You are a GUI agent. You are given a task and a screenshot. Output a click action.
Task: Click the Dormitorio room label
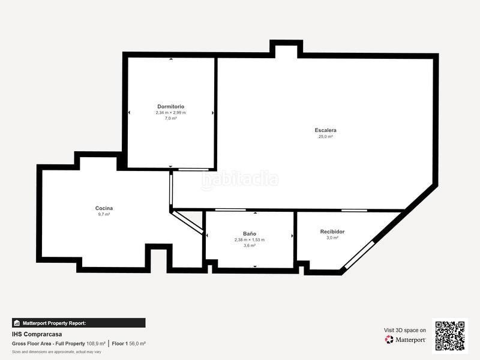tap(170, 106)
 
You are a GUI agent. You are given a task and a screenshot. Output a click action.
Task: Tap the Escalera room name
tap(325, 130)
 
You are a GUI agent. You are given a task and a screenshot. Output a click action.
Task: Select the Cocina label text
tap(104, 208)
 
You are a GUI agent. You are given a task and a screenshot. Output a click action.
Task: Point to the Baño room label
tap(250, 233)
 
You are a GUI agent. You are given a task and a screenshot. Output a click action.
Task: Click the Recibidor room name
tap(332, 232)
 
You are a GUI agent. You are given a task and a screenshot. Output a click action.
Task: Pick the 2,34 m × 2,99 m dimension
tap(170, 112)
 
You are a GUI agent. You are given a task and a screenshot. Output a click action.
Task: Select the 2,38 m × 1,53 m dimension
tap(250, 239)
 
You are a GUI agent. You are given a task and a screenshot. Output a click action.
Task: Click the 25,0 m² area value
tap(325, 137)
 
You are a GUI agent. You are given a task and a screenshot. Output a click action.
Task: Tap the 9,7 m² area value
tap(104, 214)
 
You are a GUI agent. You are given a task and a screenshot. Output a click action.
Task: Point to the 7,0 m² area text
tap(170, 118)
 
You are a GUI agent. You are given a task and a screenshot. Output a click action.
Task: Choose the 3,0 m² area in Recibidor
tap(332, 238)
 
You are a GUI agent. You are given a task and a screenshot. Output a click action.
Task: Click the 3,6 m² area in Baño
tap(250, 245)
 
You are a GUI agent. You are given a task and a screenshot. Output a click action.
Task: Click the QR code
tap(449, 335)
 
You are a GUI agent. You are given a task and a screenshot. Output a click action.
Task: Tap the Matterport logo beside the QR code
tap(406, 340)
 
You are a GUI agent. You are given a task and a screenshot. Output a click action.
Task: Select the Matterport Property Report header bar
tap(79, 323)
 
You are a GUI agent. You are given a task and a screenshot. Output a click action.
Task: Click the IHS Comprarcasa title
tap(37, 334)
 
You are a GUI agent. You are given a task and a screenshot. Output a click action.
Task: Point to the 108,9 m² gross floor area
tap(96, 344)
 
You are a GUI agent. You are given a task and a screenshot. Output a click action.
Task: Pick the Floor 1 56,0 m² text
tap(129, 344)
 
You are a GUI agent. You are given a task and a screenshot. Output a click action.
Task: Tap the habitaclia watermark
tap(240, 179)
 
